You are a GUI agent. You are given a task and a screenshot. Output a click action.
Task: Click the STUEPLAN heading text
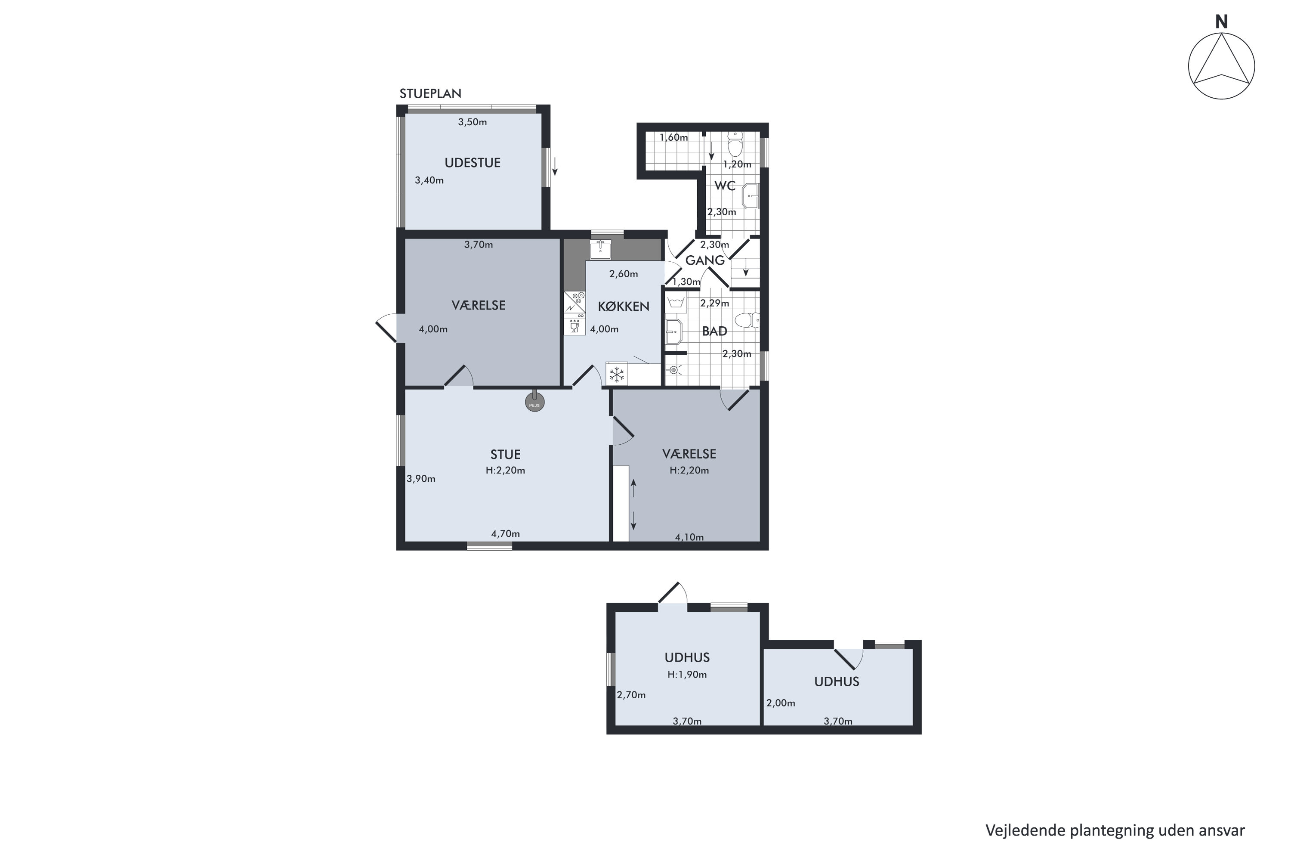430,94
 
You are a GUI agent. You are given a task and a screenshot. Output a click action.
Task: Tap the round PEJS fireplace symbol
534,403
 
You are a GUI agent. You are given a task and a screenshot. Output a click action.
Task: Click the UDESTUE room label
473,163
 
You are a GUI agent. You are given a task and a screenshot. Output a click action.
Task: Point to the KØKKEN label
624,307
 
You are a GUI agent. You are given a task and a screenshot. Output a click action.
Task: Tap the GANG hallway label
705,260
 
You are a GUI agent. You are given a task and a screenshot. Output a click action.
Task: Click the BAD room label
715,331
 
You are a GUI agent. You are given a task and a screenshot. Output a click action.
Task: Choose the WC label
725,186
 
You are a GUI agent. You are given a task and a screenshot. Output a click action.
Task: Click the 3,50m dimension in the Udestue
473,122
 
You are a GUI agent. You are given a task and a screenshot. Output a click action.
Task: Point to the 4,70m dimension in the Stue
506,534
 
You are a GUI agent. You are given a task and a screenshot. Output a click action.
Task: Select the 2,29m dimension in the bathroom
715,303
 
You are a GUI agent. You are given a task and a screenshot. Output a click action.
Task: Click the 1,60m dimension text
673,137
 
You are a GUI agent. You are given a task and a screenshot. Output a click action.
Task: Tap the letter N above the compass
1221,22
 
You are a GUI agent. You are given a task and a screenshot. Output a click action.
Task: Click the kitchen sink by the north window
600,249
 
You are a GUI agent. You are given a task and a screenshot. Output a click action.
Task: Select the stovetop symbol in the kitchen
574,302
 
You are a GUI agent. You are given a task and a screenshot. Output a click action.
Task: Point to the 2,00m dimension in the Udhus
781,703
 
